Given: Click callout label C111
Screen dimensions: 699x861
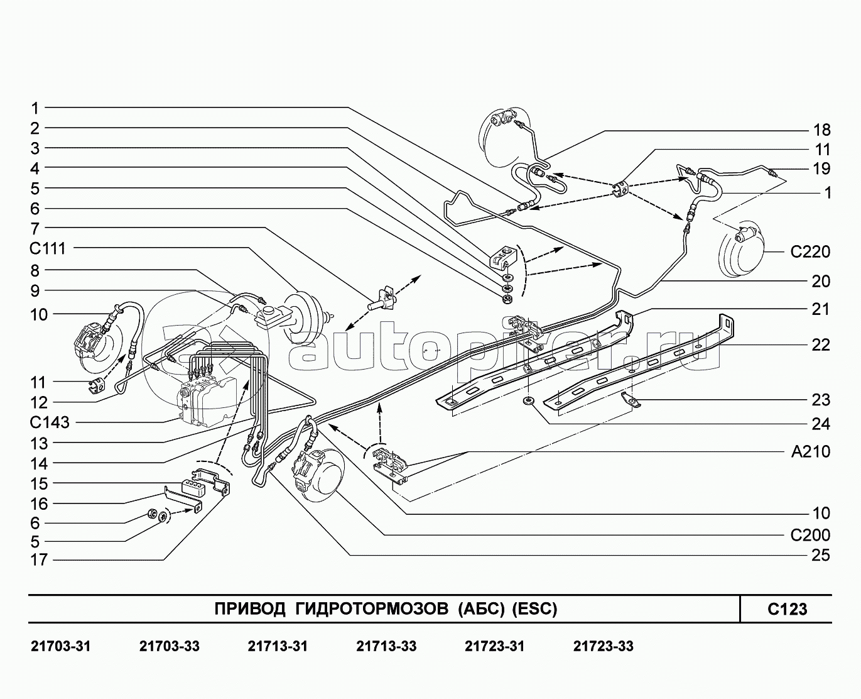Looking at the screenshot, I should tap(47, 249).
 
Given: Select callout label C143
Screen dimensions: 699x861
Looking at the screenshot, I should tap(50, 423).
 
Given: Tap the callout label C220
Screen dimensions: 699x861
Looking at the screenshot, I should tap(810, 253).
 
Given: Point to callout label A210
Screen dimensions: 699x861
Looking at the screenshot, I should tap(810, 452).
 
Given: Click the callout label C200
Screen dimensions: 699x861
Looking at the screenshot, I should tap(810, 536).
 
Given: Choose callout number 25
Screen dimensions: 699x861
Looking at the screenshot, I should tap(821, 556).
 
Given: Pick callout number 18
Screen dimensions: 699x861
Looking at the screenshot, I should tap(821, 130).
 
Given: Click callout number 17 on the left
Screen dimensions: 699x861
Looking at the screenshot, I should tap(39, 559).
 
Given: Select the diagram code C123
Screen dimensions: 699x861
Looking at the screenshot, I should tap(787, 609).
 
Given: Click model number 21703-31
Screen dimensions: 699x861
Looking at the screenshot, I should tap(61, 646).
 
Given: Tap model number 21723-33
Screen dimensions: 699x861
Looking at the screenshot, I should tap(603, 646).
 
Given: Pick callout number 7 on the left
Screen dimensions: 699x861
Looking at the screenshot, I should tap(35, 229).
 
